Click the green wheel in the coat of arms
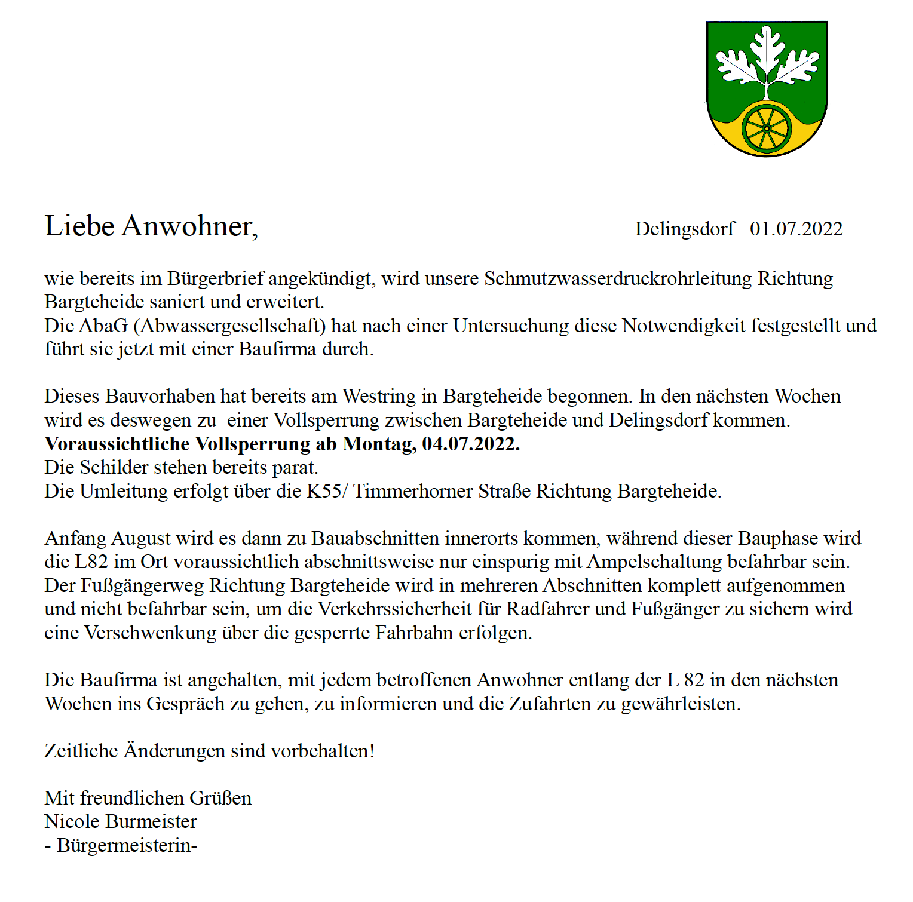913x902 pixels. point(767,129)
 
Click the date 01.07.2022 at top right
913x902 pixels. point(796,229)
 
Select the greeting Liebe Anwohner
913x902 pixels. point(151,226)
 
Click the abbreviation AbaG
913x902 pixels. point(103,326)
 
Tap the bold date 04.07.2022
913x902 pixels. point(471,444)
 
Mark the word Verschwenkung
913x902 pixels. point(150,633)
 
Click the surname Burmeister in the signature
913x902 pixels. point(151,822)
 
